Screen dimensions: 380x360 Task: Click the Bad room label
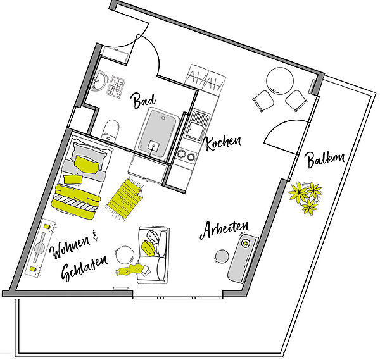(144, 100)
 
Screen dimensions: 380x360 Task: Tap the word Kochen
(223, 142)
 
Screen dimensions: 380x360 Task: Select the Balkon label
(326, 159)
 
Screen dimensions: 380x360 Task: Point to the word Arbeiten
(224, 230)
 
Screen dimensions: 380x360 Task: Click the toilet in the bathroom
(110, 130)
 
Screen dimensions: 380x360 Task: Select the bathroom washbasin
(99, 81)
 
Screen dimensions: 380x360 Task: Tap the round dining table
(280, 81)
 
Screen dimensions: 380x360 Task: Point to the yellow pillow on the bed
(87, 164)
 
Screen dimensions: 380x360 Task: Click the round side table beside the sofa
(125, 255)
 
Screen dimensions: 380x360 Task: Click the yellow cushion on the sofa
(148, 248)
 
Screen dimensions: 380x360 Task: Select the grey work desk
(243, 258)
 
